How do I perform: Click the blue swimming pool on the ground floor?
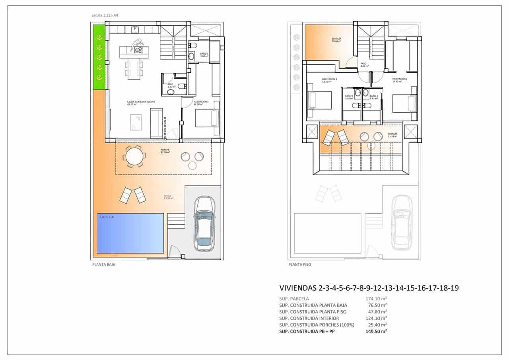(x=130, y=233)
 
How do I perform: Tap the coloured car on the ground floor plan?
(x=204, y=224)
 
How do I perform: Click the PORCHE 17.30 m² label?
(x=165, y=151)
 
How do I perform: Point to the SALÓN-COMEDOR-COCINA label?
(x=141, y=103)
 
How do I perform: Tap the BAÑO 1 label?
(x=204, y=54)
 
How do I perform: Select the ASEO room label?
(x=171, y=86)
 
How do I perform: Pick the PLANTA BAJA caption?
(x=103, y=264)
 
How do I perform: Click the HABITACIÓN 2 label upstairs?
(x=400, y=80)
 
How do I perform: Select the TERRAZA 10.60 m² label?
(x=337, y=40)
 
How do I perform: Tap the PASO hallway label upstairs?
(x=364, y=64)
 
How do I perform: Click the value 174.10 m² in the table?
(x=376, y=298)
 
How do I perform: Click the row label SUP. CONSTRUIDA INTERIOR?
(x=309, y=318)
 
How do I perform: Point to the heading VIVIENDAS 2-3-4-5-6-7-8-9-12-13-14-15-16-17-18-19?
(x=369, y=288)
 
